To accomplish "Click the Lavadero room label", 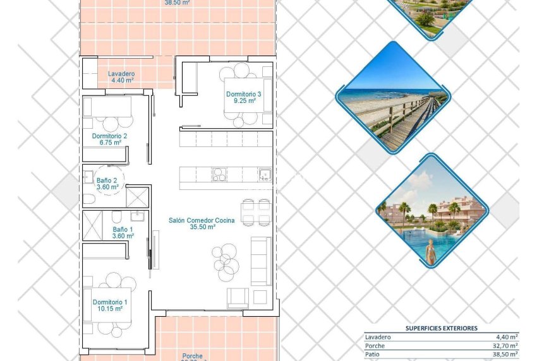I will point(121,73).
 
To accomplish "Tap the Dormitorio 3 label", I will point(243,94).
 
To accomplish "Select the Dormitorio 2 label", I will point(109,136).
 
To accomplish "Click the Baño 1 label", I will point(123,229).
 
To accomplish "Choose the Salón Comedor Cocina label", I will point(202,220).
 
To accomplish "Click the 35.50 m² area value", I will point(202,227).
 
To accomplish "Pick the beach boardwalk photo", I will point(392,98).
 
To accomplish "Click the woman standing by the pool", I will point(431,252).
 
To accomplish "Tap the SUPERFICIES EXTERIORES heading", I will point(441,328).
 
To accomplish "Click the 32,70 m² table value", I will point(505,346).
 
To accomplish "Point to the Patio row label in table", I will point(372,355).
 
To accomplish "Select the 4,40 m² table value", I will point(507,337).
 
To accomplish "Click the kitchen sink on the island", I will point(265,174).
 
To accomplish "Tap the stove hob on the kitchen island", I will point(219,174).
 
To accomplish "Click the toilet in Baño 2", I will point(89,199).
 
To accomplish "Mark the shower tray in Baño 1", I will point(92,225).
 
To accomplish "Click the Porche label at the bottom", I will point(193,356).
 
